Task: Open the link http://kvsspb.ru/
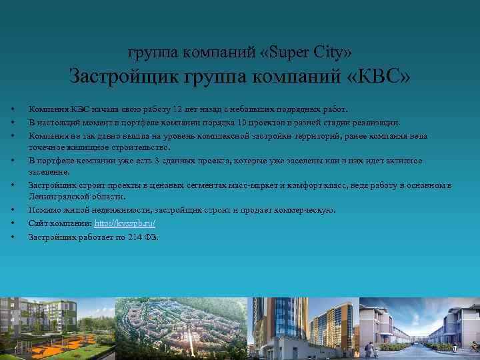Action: point(125,223)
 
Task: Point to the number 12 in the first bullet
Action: point(177,109)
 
